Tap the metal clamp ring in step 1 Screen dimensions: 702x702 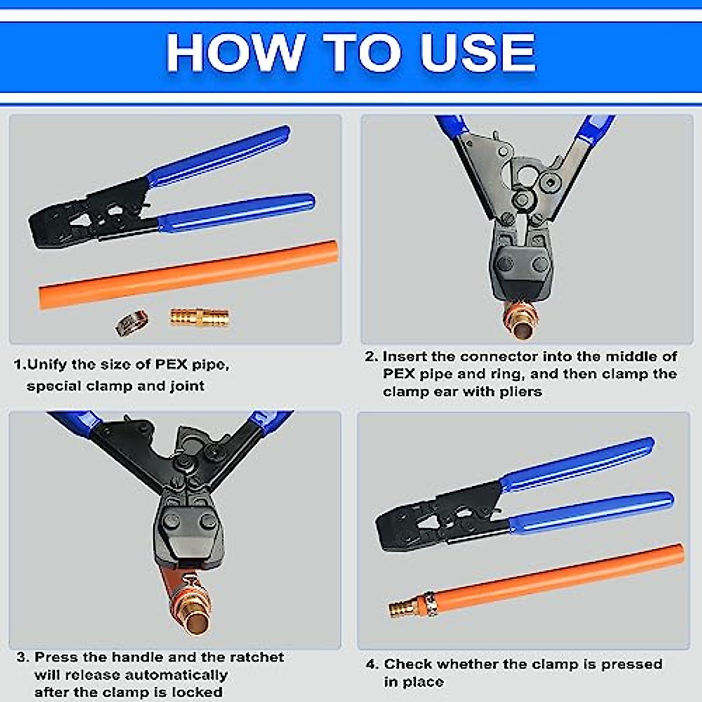point(132,322)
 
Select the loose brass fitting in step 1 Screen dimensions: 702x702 point(199,317)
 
